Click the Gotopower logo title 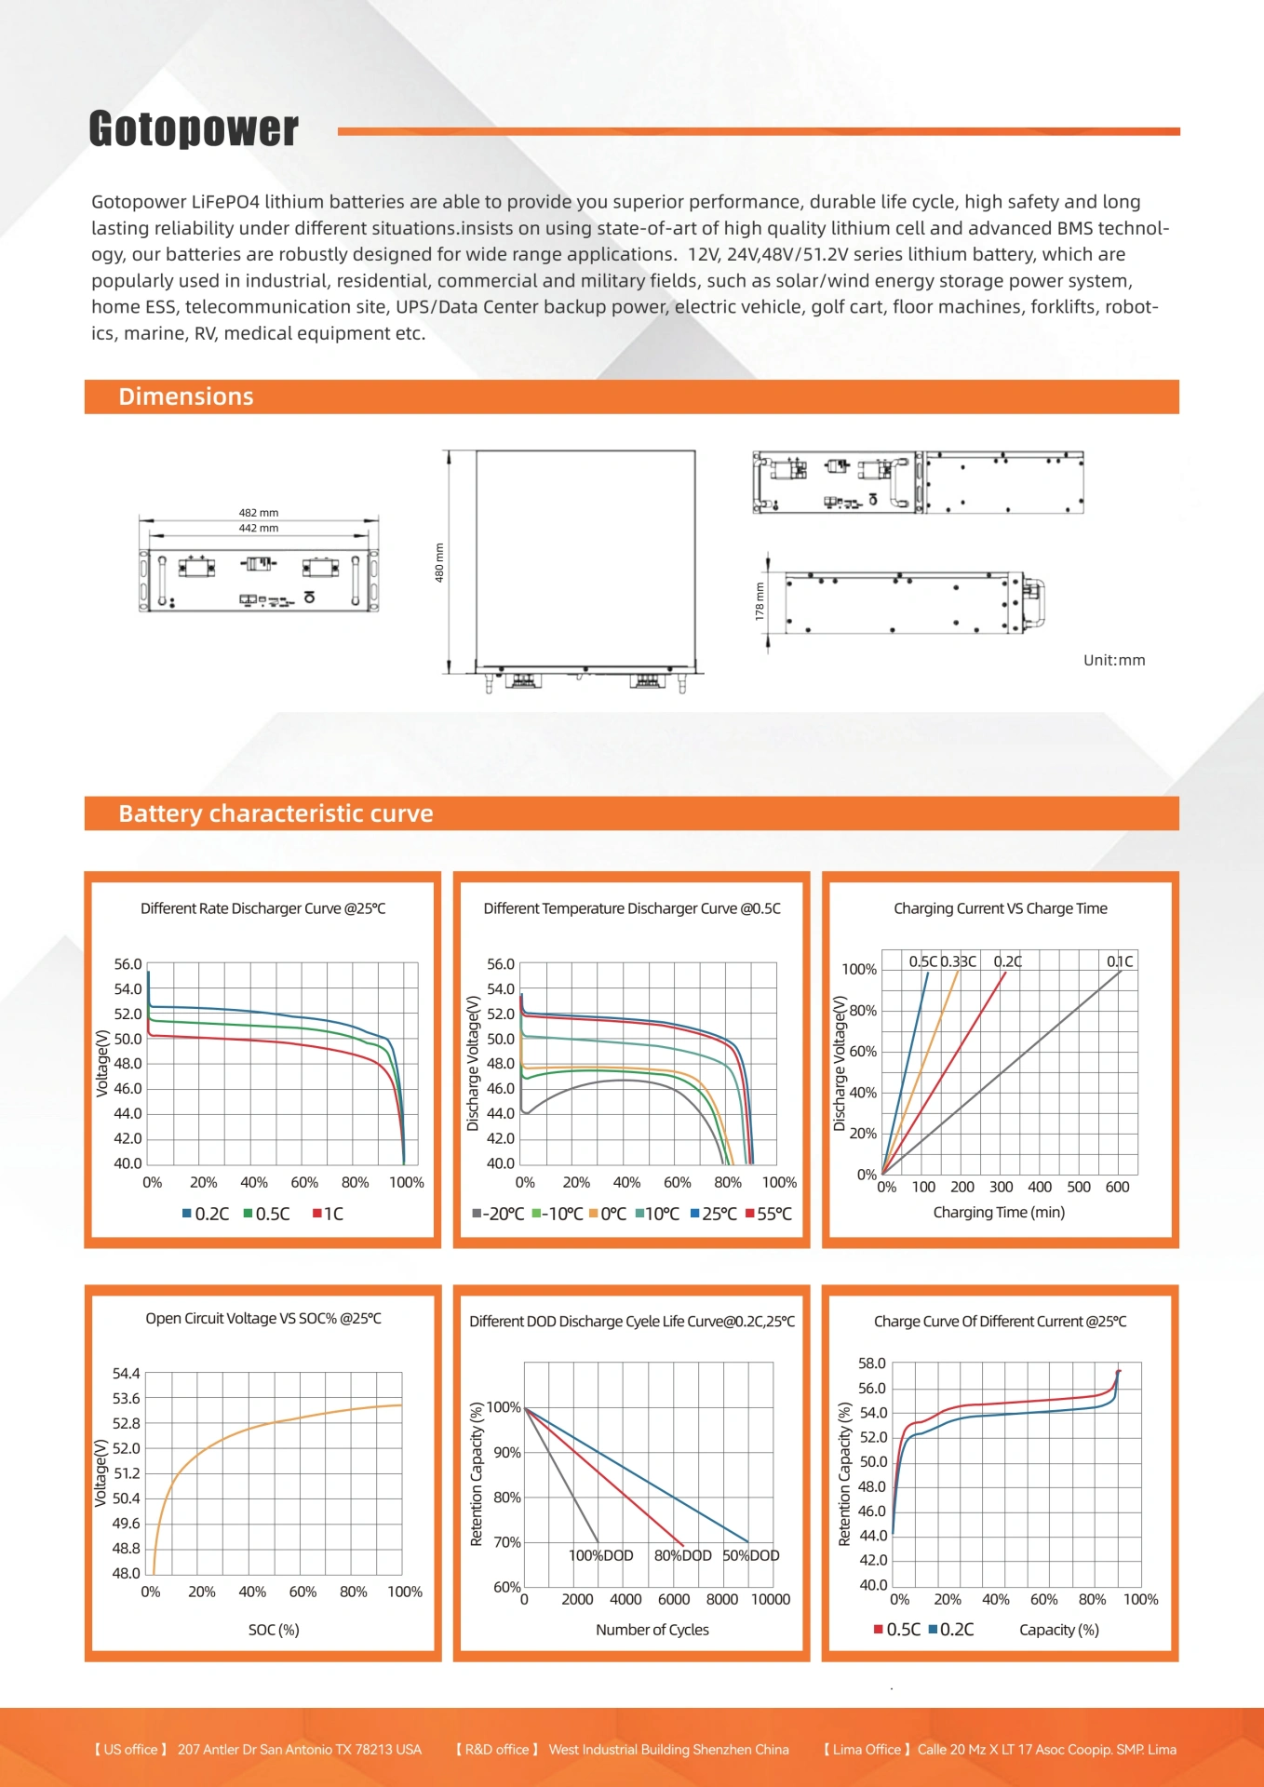[x=194, y=128]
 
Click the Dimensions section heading [x=186, y=396]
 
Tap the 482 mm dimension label [x=259, y=513]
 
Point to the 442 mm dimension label [x=259, y=528]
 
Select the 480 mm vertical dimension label [x=439, y=562]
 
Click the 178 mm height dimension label [x=760, y=601]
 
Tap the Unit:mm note [x=1114, y=660]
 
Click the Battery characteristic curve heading [x=276, y=813]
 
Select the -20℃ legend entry [x=499, y=1214]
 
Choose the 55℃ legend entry [x=769, y=1214]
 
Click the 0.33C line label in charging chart [x=959, y=961]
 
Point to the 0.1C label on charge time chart [x=1120, y=961]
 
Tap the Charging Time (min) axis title [x=999, y=1212]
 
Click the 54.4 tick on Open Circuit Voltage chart [x=126, y=1374]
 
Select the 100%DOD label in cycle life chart [x=600, y=1555]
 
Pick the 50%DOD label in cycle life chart [x=751, y=1555]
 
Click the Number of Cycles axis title [x=652, y=1630]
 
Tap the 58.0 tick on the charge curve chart [x=872, y=1364]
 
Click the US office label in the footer [x=130, y=1750]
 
